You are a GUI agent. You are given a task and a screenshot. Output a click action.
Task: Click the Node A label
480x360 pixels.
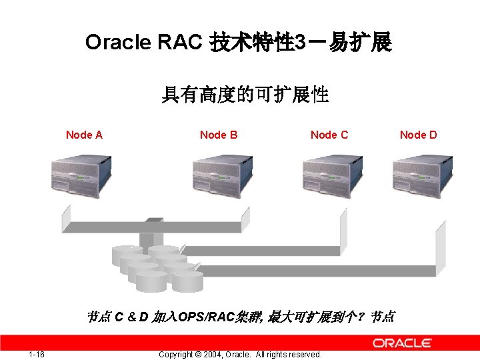pyautogui.click(x=84, y=135)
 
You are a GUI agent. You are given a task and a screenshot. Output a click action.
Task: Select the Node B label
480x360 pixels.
pyautogui.click(x=219, y=135)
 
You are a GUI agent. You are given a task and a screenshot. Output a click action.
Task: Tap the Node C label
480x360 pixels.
pyautogui.click(x=329, y=135)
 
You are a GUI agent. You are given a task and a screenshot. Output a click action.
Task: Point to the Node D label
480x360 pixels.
pyautogui.click(x=419, y=135)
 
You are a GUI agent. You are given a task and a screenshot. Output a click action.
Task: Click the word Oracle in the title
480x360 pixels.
pyautogui.click(x=118, y=43)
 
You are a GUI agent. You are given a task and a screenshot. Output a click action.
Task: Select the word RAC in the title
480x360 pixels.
pyautogui.click(x=179, y=43)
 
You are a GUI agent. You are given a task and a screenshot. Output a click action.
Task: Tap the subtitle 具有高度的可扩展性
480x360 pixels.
pyautogui.click(x=245, y=95)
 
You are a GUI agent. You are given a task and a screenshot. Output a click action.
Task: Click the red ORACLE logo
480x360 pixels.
pyautogui.click(x=402, y=343)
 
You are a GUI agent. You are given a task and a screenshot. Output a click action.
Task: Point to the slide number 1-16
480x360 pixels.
pyautogui.click(x=37, y=354)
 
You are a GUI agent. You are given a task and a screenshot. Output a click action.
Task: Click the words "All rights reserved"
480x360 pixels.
pyautogui.click(x=289, y=355)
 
